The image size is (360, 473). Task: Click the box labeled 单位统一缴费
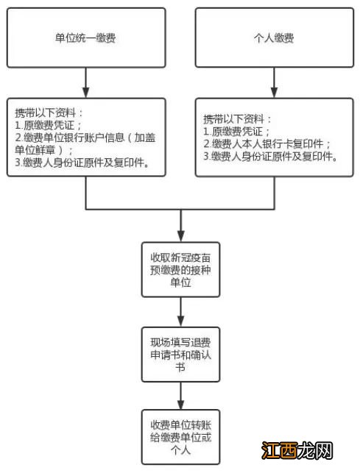(86, 38)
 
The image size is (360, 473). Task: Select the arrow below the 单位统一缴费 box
(86, 82)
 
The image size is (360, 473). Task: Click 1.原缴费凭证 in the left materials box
(47, 125)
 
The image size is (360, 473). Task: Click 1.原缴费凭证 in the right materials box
(236, 131)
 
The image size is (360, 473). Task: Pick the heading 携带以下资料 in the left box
(49, 113)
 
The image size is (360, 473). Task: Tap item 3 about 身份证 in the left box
(81, 163)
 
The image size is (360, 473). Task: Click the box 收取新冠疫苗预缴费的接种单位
(180, 268)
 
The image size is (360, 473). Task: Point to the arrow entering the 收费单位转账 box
(180, 397)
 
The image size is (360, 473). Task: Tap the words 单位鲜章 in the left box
(40, 149)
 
